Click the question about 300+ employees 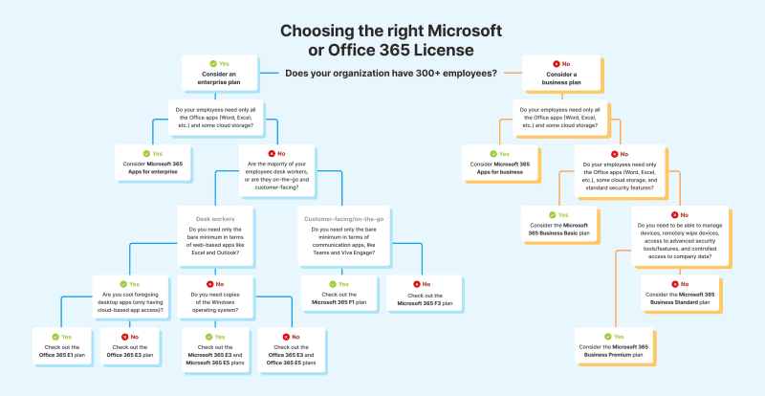tap(390, 73)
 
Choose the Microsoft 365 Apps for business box tap(498, 159)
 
